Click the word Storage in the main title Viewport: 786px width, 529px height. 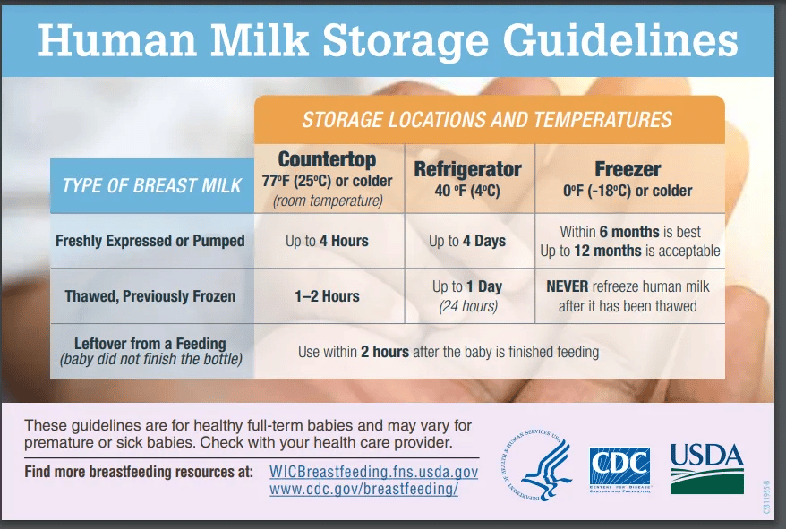(405, 41)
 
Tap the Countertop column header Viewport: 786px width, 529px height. (327, 159)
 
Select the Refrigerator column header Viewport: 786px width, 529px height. (467, 169)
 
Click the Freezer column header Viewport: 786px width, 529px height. (628, 169)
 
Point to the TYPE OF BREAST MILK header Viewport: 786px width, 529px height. (152, 185)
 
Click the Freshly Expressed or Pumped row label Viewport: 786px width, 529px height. (150, 241)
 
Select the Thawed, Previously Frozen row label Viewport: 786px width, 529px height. (150, 296)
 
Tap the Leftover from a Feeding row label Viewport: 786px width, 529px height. (150, 344)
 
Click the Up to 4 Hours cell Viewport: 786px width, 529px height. (327, 241)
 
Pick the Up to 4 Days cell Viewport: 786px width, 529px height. (467, 241)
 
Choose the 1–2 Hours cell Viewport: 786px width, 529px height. (327, 296)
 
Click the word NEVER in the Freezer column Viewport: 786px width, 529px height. (567, 286)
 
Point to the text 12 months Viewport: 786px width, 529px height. (608, 251)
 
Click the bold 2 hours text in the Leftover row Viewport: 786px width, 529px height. (384, 352)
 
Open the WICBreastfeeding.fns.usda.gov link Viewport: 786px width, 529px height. (373, 472)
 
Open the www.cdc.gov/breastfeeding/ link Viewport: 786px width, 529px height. (363, 489)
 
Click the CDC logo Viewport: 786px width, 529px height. (619, 470)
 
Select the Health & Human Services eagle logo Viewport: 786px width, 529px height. (537, 465)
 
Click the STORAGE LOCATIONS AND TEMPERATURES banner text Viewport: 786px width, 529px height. (487, 120)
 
